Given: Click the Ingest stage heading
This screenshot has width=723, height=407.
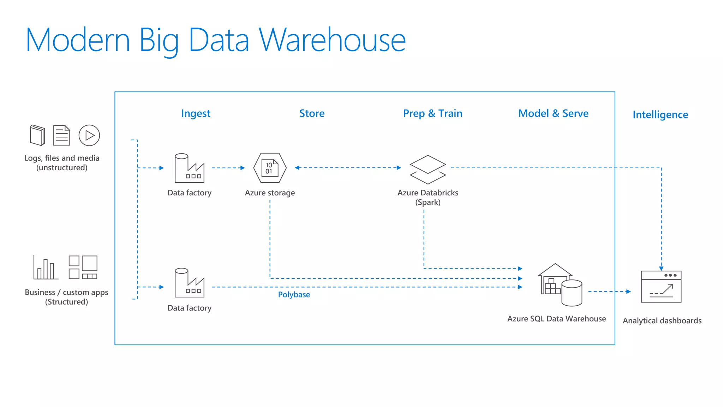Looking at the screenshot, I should [x=196, y=113].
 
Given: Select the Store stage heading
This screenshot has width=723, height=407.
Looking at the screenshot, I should [x=312, y=113].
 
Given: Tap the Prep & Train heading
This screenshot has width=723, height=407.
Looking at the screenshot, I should [x=432, y=113].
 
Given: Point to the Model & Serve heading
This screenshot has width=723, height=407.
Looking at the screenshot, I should [x=553, y=113].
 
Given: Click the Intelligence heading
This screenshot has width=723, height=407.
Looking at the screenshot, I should [x=660, y=114].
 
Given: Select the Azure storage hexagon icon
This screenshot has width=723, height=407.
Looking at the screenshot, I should [x=270, y=168].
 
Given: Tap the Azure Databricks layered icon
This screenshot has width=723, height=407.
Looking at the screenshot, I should [x=428, y=170].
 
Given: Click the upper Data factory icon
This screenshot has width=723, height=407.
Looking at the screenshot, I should [x=190, y=168].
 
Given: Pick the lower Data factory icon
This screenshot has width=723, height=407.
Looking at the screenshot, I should [x=190, y=283].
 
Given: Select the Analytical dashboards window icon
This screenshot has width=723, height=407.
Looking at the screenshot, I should [x=661, y=287].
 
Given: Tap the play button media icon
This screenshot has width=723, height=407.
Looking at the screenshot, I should [x=89, y=135].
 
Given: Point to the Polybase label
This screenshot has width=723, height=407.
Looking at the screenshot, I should [x=294, y=295].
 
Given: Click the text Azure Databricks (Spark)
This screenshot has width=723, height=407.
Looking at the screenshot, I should [x=428, y=197].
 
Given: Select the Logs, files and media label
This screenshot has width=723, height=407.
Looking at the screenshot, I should [x=62, y=163].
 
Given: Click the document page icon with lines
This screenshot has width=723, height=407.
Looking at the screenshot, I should [x=62, y=135].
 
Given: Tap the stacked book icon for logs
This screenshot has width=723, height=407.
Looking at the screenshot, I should [x=37, y=135].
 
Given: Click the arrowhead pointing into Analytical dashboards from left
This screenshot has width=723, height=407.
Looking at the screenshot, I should [x=628, y=291].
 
